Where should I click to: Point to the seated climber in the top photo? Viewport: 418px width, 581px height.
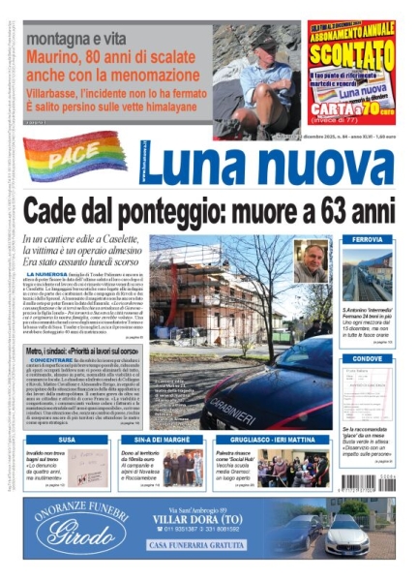[258, 73]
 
